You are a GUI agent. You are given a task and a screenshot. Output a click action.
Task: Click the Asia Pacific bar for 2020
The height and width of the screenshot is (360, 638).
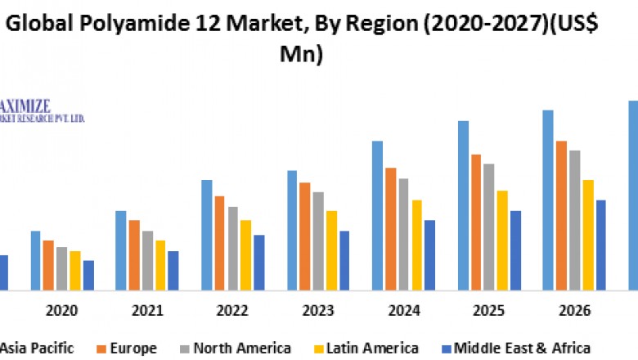(36, 260)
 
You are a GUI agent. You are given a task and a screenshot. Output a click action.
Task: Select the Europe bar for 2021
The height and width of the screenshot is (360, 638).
(134, 254)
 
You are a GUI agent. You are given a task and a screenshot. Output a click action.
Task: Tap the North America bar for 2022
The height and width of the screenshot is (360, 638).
(233, 248)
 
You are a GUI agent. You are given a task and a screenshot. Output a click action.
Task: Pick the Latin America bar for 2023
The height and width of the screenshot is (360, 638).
(331, 250)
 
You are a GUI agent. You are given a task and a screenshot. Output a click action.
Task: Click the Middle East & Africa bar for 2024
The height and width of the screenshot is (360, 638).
(429, 254)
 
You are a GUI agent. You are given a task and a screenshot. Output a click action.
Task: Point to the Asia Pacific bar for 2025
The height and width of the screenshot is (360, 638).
(463, 205)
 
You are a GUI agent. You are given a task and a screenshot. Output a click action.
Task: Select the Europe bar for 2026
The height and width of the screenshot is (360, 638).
(562, 215)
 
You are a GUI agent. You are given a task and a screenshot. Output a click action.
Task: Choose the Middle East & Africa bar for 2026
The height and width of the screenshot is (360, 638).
(601, 245)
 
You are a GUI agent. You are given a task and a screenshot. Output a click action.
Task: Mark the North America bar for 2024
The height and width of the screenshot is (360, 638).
(403, 234)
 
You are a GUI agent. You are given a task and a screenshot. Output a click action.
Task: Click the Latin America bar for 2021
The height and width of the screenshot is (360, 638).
(160, 265)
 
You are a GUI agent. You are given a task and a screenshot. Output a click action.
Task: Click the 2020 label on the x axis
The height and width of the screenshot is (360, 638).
(62, 311)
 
